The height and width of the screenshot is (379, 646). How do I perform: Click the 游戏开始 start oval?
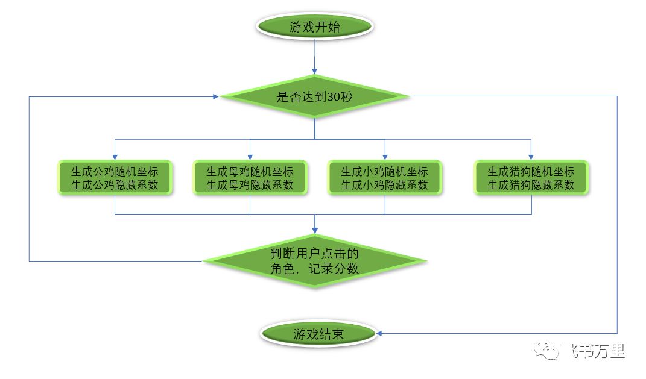click(x=315, y=27)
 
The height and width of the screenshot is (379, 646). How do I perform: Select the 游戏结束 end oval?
click(x=318, y=334)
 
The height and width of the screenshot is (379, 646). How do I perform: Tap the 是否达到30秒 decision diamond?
click(x=315, y=96)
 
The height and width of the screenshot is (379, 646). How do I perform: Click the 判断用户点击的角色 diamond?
click(x=315, y=261)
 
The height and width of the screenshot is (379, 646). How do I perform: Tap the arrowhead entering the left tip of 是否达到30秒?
click(x=215, y=96)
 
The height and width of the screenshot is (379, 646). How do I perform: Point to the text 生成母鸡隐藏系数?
click(x=250, y=185)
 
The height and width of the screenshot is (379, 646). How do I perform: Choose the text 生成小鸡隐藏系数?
click(x=385, y=185)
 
